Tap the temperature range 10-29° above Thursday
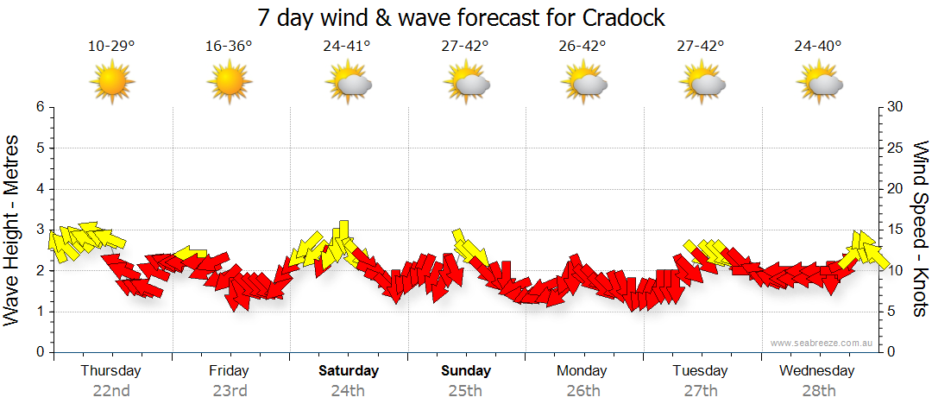click(x=111, y=46)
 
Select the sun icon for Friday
click(x=229, y=82)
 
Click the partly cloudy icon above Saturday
click(x=349, y=83)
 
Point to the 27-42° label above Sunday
click(x=465, y=46)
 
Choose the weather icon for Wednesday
click(x=819, y=83)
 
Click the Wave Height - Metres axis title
click(x=13, y=230)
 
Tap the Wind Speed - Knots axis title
click(x=919, y=230)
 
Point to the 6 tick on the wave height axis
click(x=40, y=107)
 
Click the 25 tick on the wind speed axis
click(x=896, y=148)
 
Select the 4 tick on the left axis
click(x=40, y=189)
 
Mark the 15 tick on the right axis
click(x=896, y=230)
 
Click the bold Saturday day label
click(x=349, y=371)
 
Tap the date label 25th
click(x=465, y=390)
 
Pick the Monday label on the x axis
click(x=583, y=371)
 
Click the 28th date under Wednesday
click(x=818, y=390)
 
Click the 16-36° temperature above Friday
click(x=229, y=46)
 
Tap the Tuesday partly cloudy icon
click(x=702, y=83)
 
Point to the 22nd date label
click(x=111, y=390)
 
